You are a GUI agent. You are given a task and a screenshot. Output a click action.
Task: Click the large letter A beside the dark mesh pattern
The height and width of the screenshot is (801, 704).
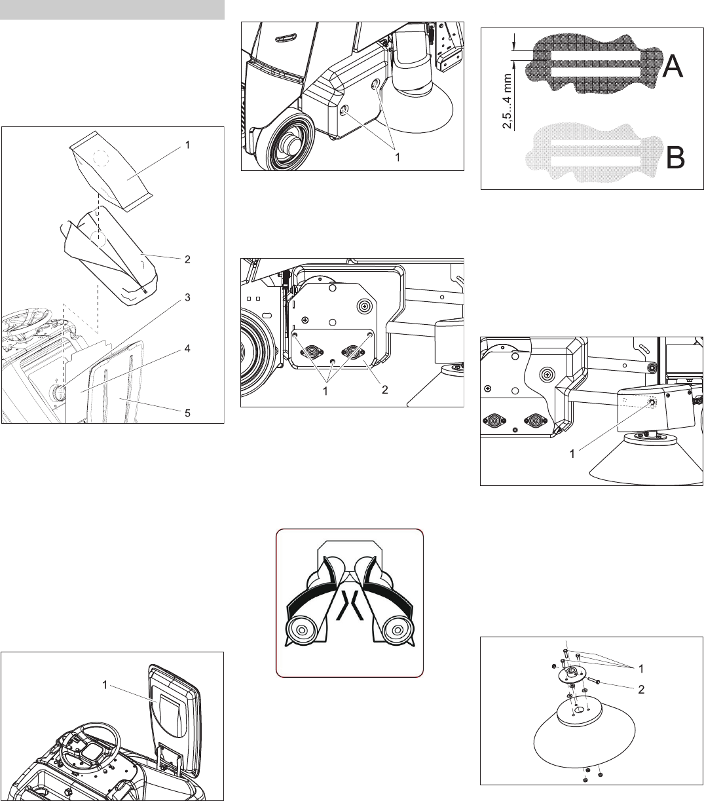click(673, 65)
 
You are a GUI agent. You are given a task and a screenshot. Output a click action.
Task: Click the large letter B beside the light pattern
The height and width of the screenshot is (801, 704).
click(675, 157)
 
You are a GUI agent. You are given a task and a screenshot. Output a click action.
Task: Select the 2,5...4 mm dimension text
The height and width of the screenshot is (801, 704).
click(507, 102)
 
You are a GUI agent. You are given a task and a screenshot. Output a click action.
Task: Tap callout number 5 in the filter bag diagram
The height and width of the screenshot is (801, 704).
click(187, 413)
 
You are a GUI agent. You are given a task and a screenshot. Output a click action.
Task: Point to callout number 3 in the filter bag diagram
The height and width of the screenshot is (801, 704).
click(187, 297)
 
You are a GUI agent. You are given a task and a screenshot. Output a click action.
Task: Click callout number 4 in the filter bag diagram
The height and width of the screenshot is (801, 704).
click(187, 348)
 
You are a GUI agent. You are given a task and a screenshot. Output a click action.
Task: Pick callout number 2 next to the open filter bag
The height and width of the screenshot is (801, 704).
click(187, 259)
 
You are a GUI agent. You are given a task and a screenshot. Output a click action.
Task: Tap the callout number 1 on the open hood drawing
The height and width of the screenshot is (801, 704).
click(105, 684)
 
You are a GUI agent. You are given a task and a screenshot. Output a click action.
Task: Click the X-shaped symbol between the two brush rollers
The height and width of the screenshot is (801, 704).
click(350, 605)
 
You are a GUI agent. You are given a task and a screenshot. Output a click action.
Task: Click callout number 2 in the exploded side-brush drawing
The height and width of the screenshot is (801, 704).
click(641, 690)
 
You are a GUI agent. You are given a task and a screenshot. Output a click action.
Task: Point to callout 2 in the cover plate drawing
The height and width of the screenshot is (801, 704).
click(384, 390)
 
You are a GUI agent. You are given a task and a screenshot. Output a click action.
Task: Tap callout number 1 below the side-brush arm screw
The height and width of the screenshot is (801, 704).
click(572, 454)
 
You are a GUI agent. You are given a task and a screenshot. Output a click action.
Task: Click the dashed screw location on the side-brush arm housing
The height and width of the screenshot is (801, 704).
click(651, 403)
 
